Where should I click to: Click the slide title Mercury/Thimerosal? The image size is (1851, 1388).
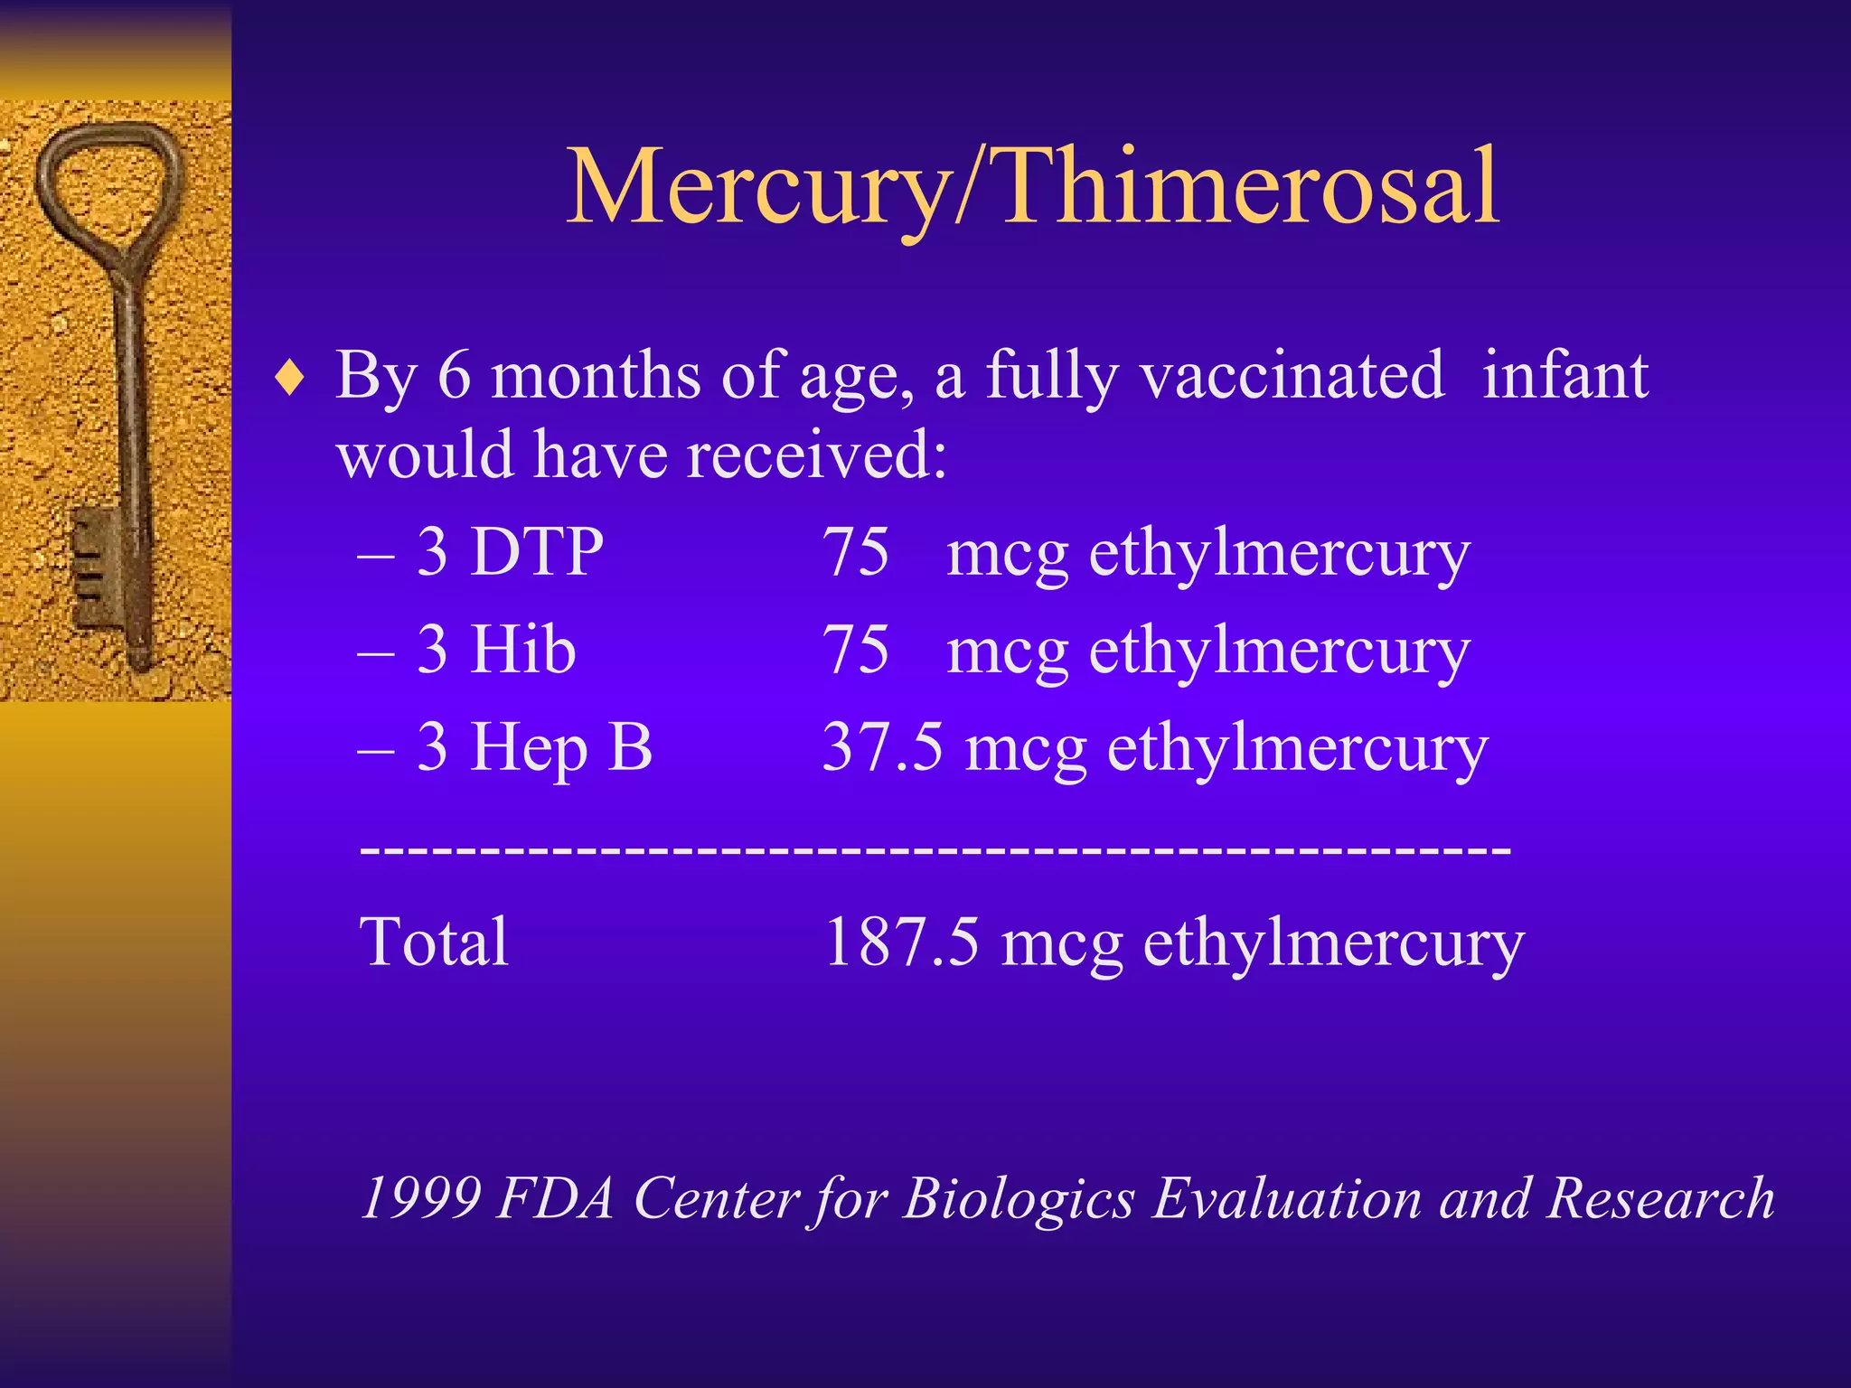(1032, 187)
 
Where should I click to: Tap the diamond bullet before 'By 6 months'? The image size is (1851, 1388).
(290, 379)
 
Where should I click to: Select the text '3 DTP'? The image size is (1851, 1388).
(510, 551)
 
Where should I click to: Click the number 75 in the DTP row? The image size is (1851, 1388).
(855, 551)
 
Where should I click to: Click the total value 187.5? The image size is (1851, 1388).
(901, 942)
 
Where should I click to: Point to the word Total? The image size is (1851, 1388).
(434, 942)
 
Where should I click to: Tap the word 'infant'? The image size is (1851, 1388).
(1565, 375)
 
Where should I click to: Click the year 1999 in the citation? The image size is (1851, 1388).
(420, 1198)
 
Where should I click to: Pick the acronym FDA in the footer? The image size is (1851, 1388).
(556, 1198)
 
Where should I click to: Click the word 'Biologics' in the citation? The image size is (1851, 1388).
(1019, 1198)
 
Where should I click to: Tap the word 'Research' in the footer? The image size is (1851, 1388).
(1660, 1198)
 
